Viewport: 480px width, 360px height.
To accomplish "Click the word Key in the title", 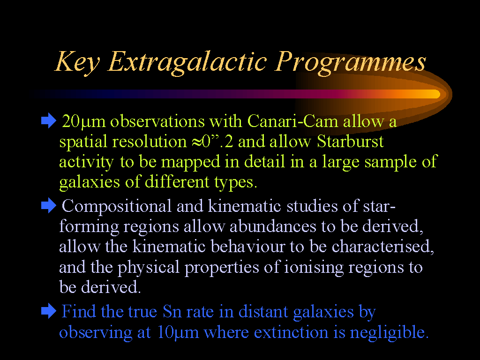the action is pyautogui.click(x=77, y=63).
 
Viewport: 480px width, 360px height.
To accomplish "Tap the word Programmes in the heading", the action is pyautogui.click(x=350, y=63).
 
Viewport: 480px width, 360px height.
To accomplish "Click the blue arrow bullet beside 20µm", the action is pyautogui.click(x=49, y=121).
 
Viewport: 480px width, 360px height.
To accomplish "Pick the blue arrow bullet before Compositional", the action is pyautogui.click(x=49, y=205).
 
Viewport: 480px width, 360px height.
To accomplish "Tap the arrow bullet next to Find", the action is pyautogui.click(x=49, y=311).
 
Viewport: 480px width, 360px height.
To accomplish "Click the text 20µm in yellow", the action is pyautogui.click(x=83, y=122).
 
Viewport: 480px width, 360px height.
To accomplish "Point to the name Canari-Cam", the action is pyautogui.click(x=292, y=121).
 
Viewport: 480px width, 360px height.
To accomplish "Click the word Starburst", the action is pyautogui.click(x=350, y=142).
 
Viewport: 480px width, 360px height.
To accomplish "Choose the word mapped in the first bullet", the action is pyautogui.click(x=190, y=162).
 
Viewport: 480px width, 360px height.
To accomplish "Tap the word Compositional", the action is pyautogui.click(x=116, y=206).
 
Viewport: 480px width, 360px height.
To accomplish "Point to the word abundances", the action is pyautogui.click(x=273, y=226).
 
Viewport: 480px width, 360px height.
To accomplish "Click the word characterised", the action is pyautogui.click(x=382, y=247).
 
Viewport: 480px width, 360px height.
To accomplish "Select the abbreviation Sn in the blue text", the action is pyautogui.click(x=172, y=312).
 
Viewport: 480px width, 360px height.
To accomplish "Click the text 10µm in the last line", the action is pyautogui.click(x=178, y=333).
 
